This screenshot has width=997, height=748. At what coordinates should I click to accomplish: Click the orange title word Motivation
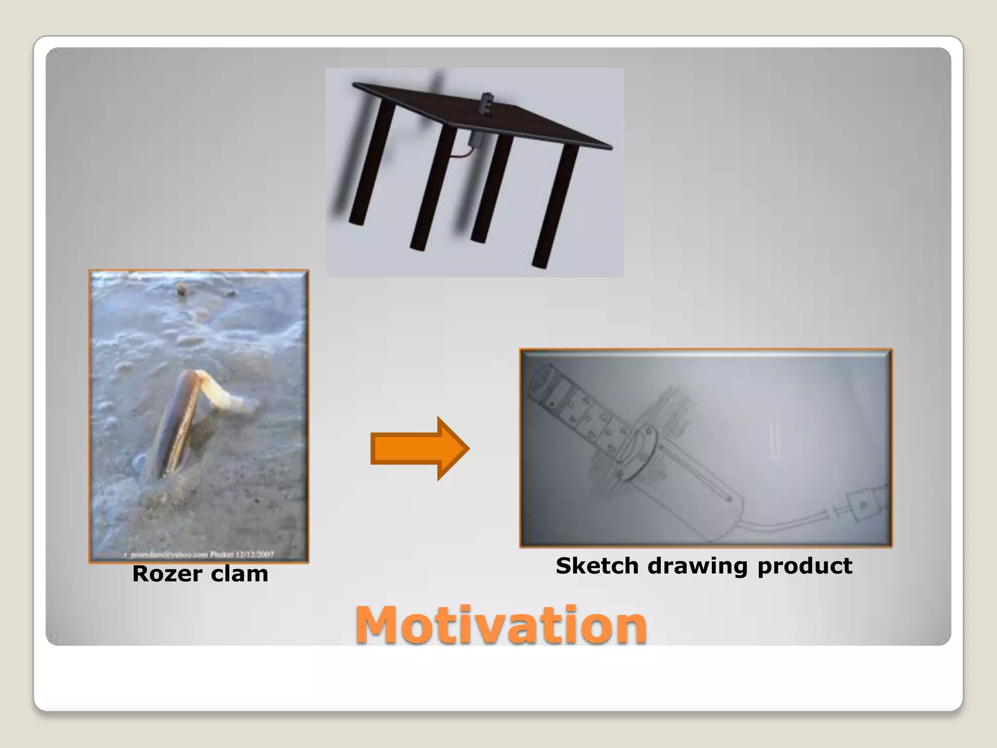[x=501, y=625]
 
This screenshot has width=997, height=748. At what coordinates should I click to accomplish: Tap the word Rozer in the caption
[x=167, y=574]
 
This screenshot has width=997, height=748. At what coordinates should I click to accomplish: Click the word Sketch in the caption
[x=597, y=566]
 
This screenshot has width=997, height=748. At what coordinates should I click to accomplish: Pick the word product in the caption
[x=805, y=566]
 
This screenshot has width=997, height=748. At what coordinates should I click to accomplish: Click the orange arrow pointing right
[x=420, y=449]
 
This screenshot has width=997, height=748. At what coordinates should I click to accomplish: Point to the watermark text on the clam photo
[x=200, y=554]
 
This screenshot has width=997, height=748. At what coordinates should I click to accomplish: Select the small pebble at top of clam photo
[x=182, y=289]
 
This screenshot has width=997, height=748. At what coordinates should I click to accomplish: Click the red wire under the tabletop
[x=460, y=154]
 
